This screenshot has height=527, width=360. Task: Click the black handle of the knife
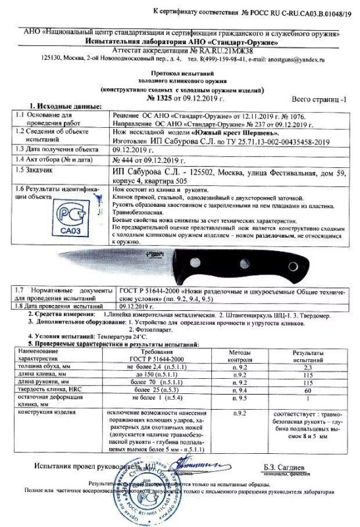tap(266, 258)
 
